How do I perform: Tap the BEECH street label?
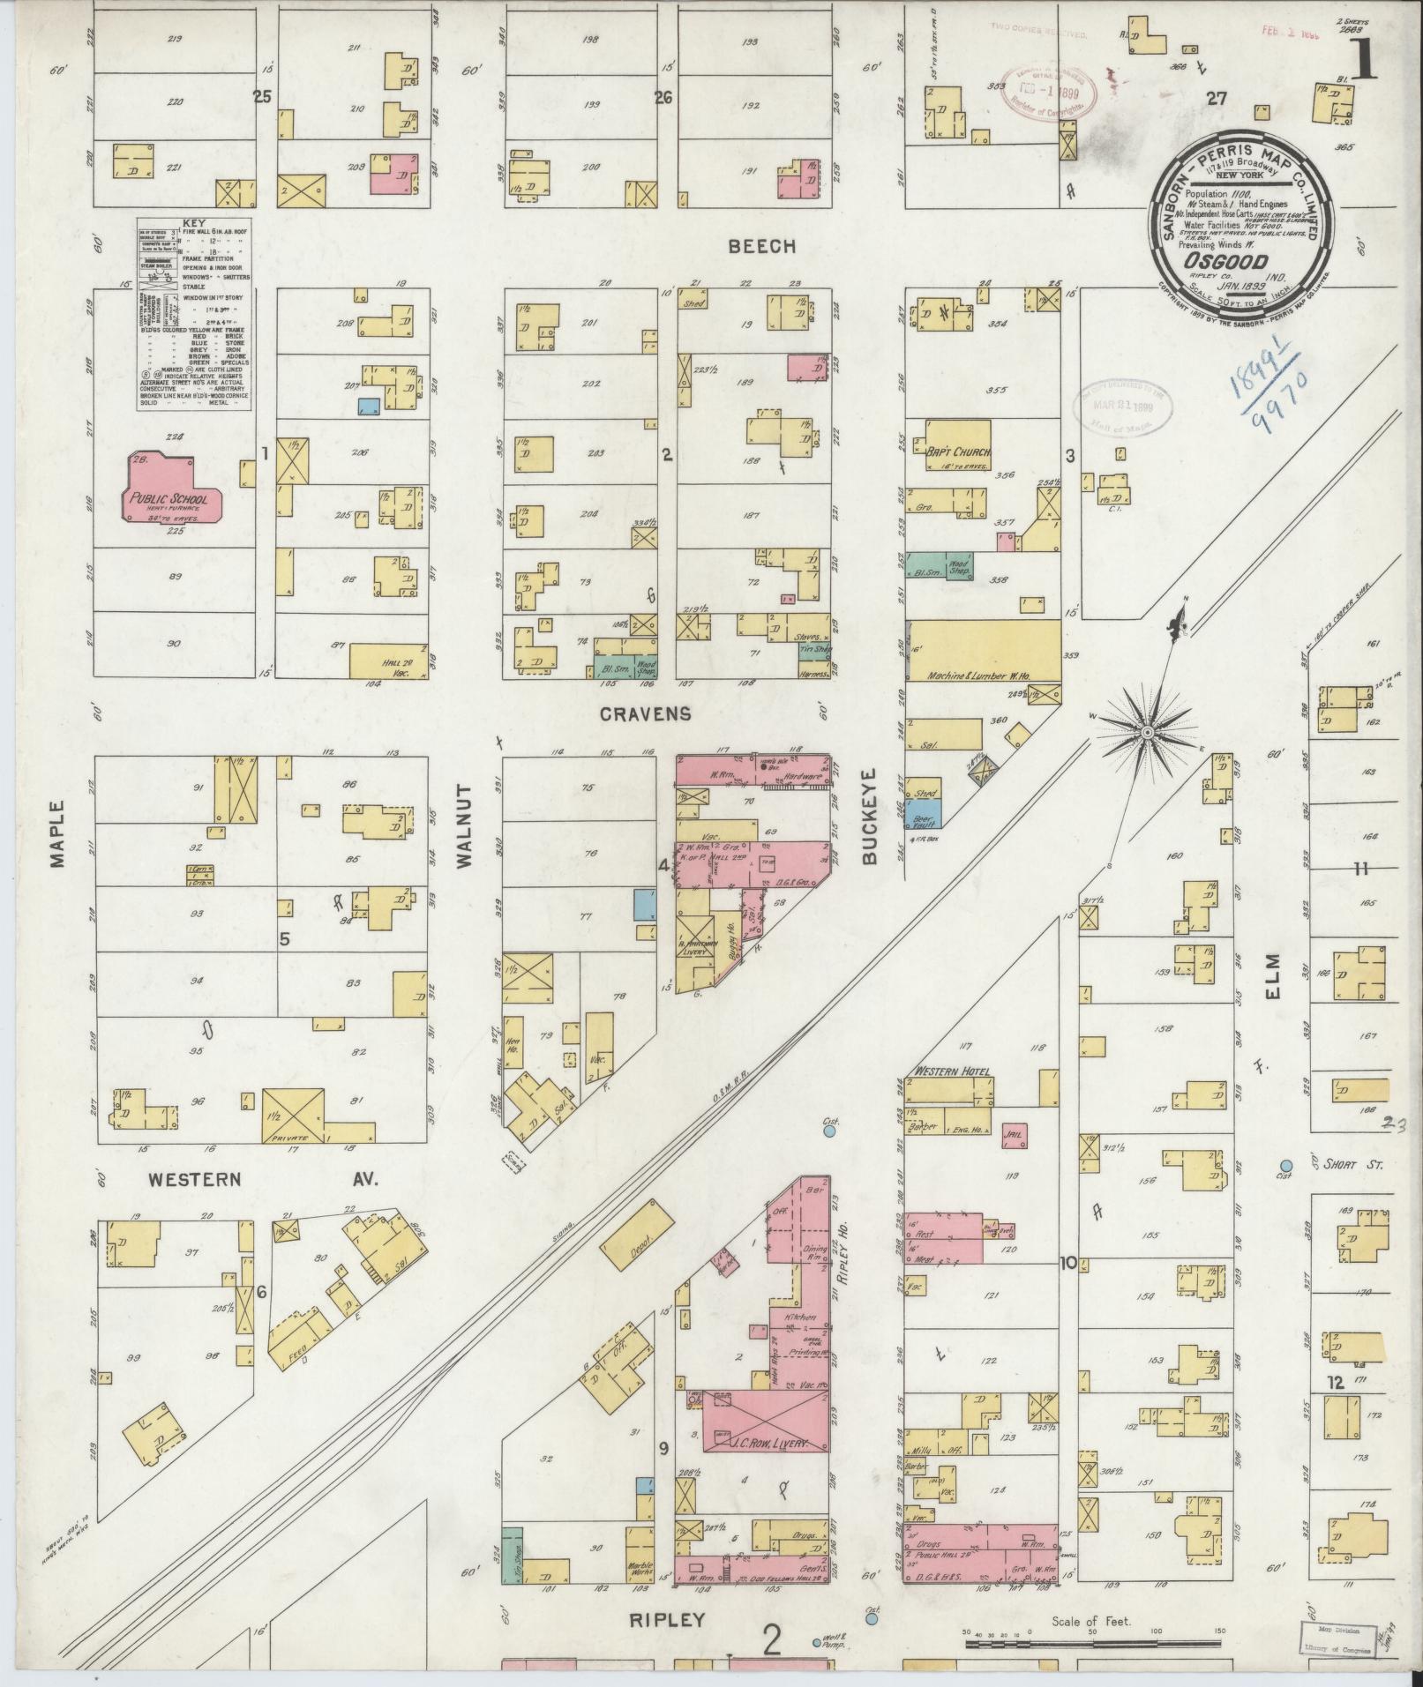(x=762, y=247)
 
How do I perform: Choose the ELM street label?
(x=1272, y=970)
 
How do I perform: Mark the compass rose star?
(x=1147, y=732)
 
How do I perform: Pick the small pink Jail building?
(x=1014, y=1135)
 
